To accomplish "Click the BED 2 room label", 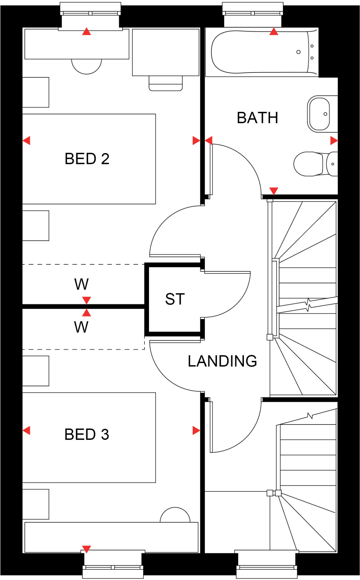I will (x=87, y=159).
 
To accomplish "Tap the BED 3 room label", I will (x=87, y=434).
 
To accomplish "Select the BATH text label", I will (x=257, y=118).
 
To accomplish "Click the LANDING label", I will (x=222, y=361).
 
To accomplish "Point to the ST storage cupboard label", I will (x=175, y=299).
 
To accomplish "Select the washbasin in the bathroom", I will (x=319, y=114).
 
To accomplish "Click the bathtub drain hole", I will (x=298, y=52).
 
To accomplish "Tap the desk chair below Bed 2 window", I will (x=86, y=66).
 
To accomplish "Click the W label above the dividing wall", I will (x=82, y=284).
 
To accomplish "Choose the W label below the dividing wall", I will (x=81, y=327).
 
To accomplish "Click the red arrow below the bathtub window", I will (x=274, y=31).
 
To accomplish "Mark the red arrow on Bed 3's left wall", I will (x=26, y=430).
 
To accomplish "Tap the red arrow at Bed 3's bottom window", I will (x=86, y=549).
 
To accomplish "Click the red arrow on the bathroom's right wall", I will (x=334, y=140).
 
